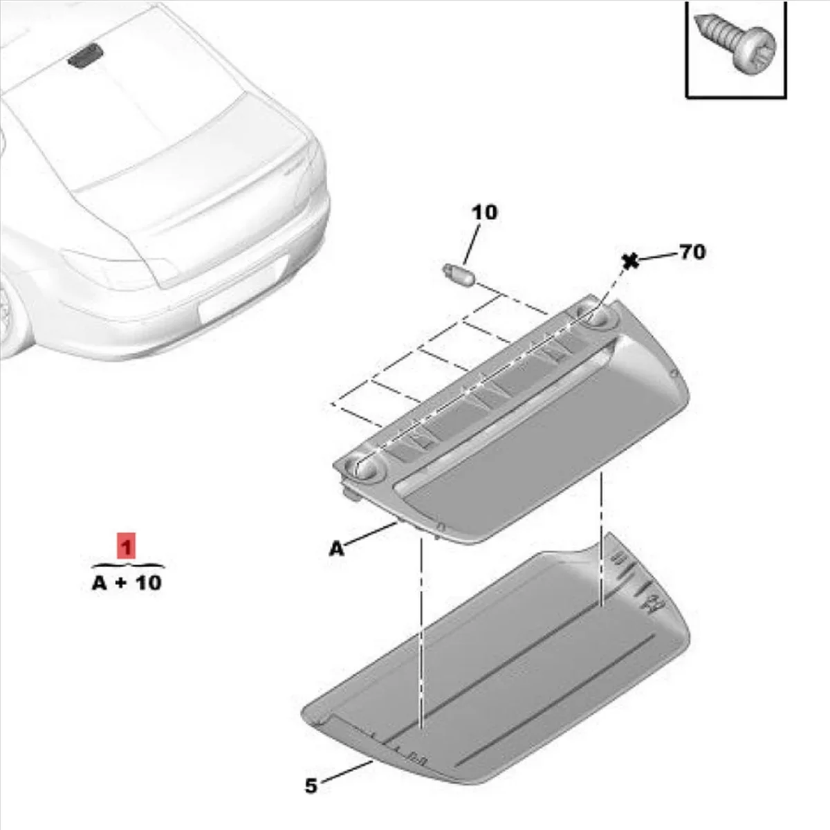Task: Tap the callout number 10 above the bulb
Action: (484, 212)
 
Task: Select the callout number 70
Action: (692, 252)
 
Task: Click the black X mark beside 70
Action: (629, 261)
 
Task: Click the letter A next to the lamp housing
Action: (336, 549)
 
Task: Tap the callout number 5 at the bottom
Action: (311, 786)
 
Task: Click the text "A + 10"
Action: (127, 582)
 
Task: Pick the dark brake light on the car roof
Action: (85, 55)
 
